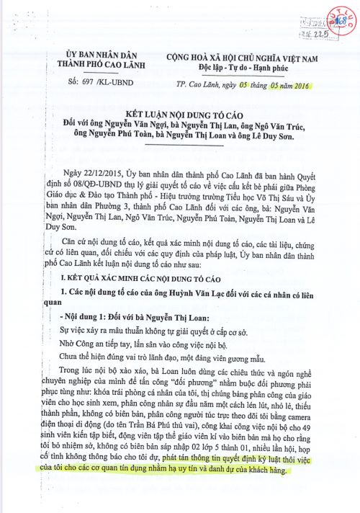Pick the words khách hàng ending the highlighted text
pos(264,469)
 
